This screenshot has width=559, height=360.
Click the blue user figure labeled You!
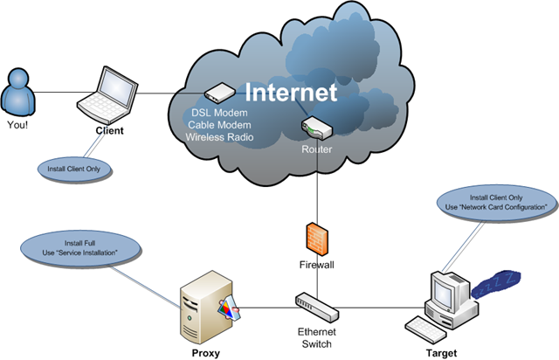click(x=17, y=92)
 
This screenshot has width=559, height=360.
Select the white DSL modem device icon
click(x=219, y=93)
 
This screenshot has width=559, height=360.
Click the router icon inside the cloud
click(x=316, y=128)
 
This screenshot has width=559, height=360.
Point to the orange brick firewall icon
click(x=317, y=239)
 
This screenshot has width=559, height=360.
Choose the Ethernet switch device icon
click(x=317, y=307)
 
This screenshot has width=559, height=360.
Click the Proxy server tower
click(x=207, y=307)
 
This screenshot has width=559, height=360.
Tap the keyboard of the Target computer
click(x=425, y=329)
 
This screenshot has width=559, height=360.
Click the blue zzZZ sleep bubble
click(x=496, y=284)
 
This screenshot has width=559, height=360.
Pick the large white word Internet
click(x=291, y=92)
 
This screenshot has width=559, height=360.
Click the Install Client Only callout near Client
click(x=74, y=169)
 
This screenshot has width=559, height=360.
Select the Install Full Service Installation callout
click(x=79, y=248)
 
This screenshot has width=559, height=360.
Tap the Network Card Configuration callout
click(x=496, y=203)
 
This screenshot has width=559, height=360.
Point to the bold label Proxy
click(x=206, y=353)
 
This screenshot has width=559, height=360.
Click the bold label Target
click(x=441, y=353)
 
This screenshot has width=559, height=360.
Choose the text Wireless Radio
click(x=219, y=137)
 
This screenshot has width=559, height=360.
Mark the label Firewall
click(x=316, y=265)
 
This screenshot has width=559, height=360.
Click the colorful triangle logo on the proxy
click(x=229, y=309)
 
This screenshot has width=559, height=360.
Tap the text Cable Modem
click(x=219, y=125)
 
